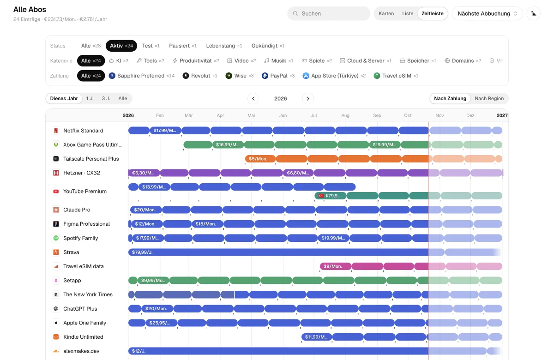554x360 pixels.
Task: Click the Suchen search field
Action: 328,13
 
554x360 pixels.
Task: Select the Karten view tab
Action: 386,13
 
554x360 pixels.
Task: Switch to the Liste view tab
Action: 408,13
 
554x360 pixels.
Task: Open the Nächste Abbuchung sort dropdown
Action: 487,13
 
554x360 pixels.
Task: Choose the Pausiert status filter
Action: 183,46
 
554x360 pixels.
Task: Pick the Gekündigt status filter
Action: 268,46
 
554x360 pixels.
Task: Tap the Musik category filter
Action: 279,61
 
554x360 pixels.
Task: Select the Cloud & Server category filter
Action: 366,61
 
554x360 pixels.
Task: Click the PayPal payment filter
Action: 278,76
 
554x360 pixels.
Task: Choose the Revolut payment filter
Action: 200,76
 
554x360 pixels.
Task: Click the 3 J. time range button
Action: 106,98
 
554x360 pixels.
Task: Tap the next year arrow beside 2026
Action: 308,99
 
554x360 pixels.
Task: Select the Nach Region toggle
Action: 489,98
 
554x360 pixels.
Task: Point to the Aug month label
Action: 345,115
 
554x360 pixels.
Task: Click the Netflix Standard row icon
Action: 56,131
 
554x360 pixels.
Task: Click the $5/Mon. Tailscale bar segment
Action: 260,159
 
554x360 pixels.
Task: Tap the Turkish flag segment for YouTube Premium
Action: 330,196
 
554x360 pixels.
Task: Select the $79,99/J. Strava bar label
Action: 142,252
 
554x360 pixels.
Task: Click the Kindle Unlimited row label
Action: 83,337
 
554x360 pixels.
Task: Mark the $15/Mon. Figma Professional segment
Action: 207,224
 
